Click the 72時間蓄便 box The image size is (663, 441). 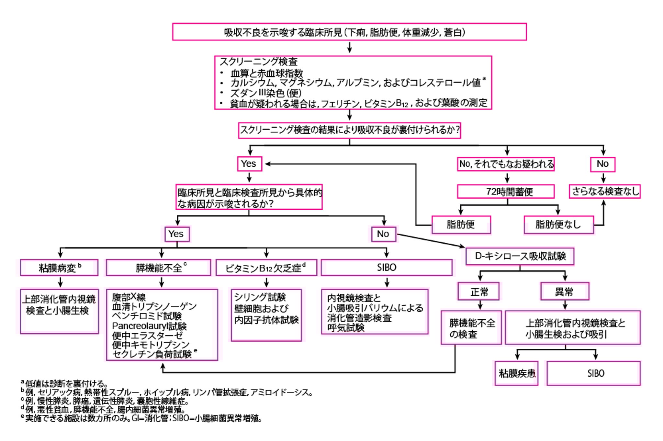(x=505, y=192)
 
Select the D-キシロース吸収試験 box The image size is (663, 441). (x=520, y=256)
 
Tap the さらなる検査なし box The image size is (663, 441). (x=604, y=191)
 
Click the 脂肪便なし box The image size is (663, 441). (x=558, y=225)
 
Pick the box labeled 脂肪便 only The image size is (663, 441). (x=461, y=225)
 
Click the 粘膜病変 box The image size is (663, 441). (x=59, y=268)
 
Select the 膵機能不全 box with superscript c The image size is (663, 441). (x=158, y=268)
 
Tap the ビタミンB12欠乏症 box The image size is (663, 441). (x=266, y=268)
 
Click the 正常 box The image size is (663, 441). (x=478, y=292)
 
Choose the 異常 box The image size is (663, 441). (x=564, y=292)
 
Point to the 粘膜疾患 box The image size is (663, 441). (x=516, y=373)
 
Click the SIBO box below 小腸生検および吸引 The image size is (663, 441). (x=593, y=373)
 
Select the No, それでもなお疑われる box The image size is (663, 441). (x=506, y=164)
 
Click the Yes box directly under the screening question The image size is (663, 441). (x=249, y=164)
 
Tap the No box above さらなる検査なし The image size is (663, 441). (x=602, y=164)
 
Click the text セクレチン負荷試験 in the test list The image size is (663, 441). (x=152, y=354)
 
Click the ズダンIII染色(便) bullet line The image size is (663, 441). (x=265, y=93)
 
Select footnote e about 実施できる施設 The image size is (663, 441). (x=142, y=418)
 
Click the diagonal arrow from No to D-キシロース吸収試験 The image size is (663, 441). (x=431, y=241)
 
